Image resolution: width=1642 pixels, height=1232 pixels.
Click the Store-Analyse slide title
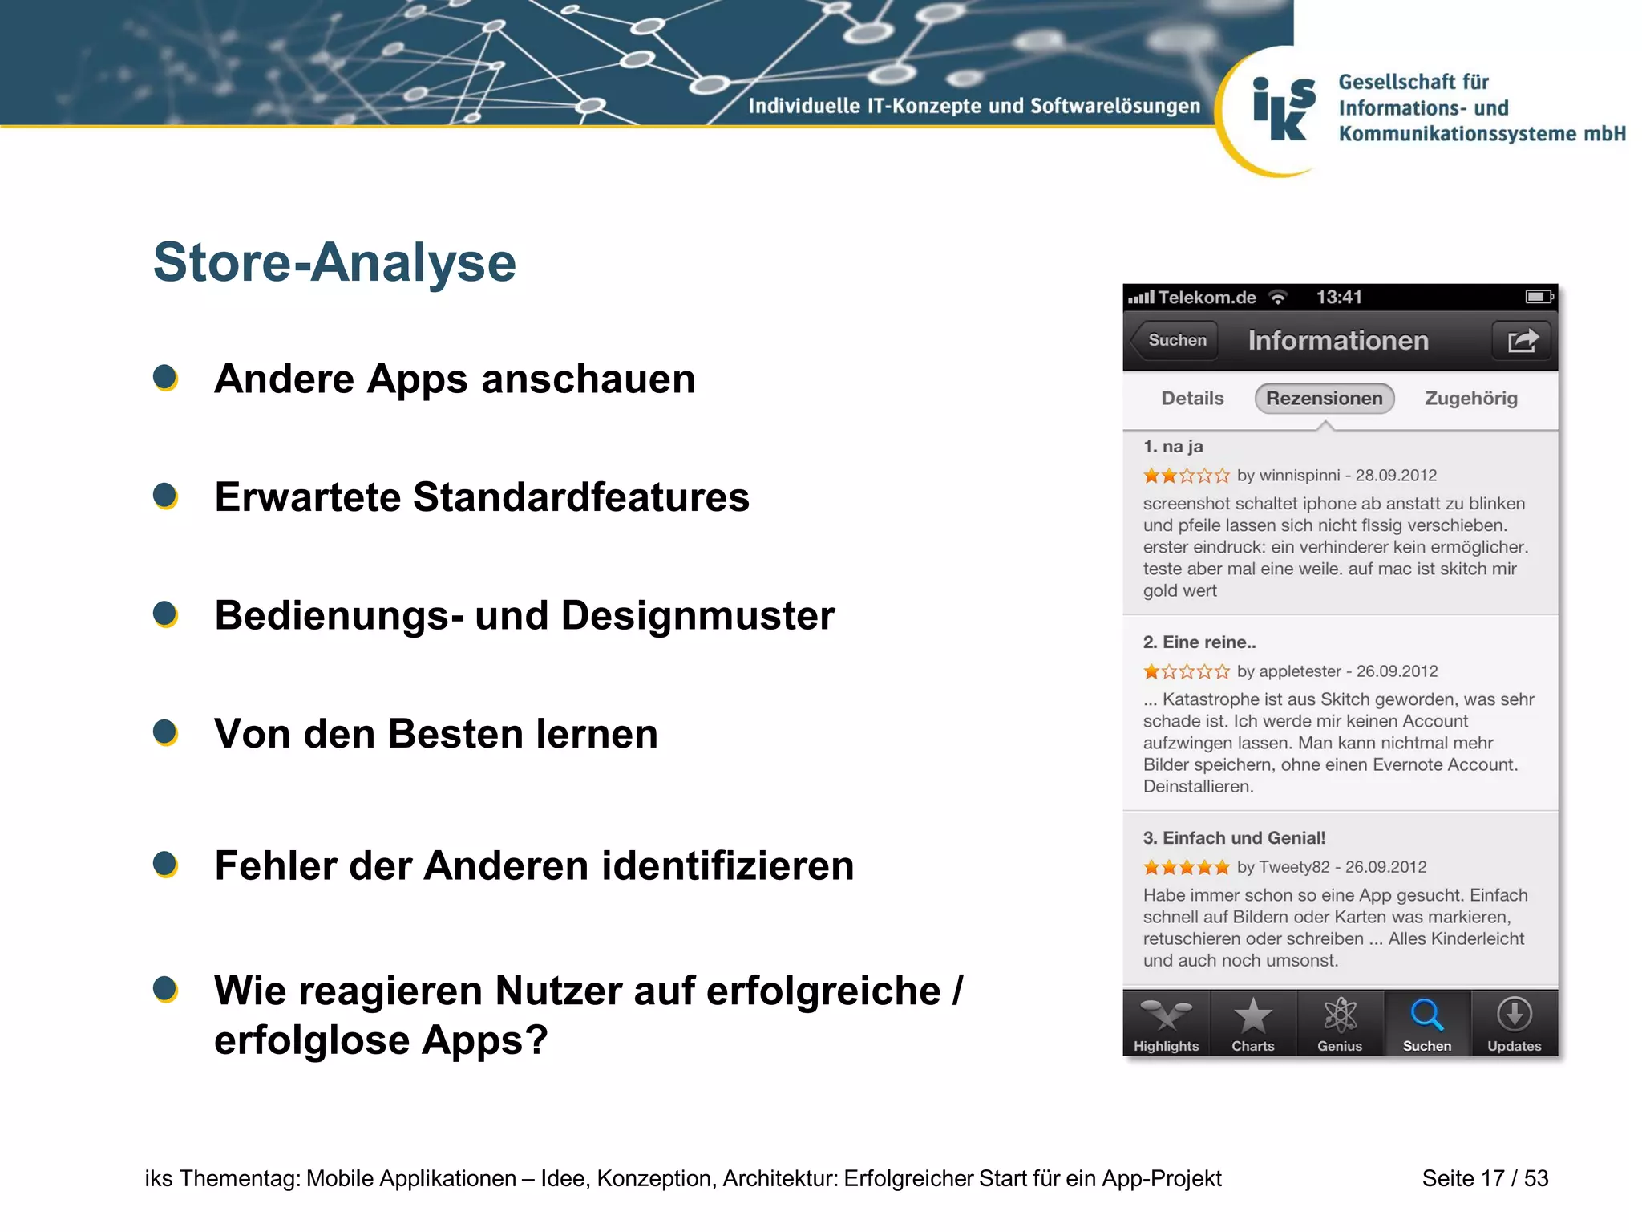(x=334, y=262)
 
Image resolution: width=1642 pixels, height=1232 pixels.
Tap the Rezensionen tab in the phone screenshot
(x=1324, y=399)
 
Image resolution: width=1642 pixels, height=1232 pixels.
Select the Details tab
(x=1192, y=399)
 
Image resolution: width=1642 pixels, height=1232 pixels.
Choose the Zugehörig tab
(x=1470, y=399)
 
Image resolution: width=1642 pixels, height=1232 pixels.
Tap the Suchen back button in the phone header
(x=1176, y=340)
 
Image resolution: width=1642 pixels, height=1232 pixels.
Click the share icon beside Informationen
(x=1522, y=341)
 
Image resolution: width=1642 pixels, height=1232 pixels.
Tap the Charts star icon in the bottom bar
(x=1252, y=1016)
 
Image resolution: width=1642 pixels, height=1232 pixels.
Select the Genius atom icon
(x=1340, y=1016)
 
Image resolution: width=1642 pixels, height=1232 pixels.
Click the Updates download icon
(x=1514, y=1015)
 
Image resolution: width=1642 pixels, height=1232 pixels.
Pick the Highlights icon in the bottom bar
(x=1166, y=1016)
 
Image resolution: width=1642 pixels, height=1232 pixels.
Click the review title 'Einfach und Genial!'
(x=1244, y=838)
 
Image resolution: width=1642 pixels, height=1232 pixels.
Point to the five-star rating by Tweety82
(x=1186, y=867)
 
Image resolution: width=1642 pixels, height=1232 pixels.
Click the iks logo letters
(x=1284, y=110)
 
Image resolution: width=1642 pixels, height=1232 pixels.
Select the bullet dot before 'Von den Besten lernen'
(x=165, y=732)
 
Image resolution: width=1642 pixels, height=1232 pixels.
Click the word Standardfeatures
(x=581, y=497)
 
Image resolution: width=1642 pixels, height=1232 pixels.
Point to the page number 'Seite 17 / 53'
(x=1485, y=1178)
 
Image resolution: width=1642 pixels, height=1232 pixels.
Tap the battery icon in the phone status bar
(x=1539, y=297)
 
